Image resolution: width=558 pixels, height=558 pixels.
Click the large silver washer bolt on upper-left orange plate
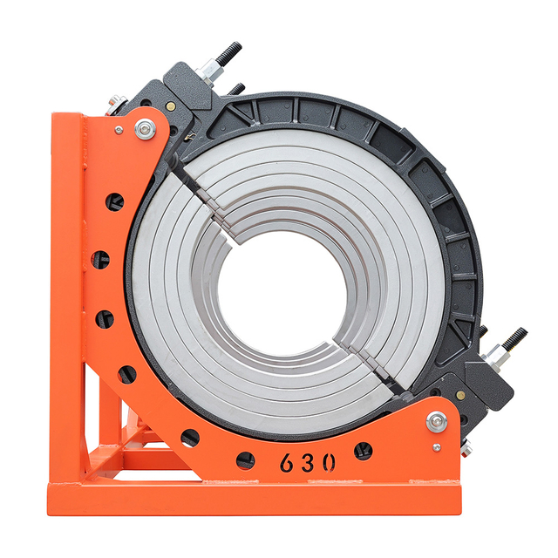point(144,129)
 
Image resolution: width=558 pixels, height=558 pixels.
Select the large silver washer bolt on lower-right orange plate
point(437,422)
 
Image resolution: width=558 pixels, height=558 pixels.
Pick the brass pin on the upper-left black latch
point(171,105)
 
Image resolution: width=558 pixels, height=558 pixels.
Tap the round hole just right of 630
point(364,451)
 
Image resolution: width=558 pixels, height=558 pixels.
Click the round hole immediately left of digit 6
point(246,459)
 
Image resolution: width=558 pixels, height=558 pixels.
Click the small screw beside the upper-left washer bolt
point(119,130)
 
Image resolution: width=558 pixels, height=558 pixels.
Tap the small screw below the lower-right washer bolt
point(436,446)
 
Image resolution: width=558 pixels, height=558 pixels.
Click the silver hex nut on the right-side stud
point(495,352)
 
